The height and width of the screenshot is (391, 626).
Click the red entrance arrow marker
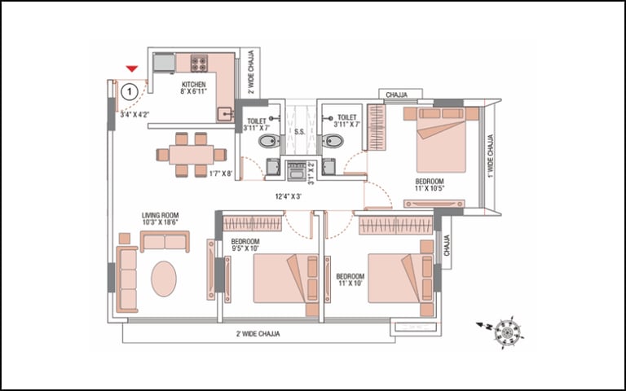coord(132,68)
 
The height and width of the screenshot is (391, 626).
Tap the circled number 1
coord(130,92)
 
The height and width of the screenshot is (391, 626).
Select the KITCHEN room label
coord(194,85)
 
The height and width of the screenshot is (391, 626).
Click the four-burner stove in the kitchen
coord(199,64)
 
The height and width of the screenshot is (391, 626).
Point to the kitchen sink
coord(226,115)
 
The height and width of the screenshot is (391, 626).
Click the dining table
coord(192,155)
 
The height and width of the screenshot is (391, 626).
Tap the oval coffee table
coord(164,279)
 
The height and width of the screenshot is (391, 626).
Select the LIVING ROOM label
coord(160,215)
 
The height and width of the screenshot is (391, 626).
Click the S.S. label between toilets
coord(300,132)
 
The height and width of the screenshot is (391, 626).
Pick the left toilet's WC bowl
coord(270,141)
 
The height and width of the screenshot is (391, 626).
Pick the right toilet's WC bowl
coord(333,141)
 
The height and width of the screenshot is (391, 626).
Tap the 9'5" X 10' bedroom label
coord(245,248)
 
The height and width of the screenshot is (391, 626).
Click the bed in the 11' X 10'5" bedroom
coord(441,139)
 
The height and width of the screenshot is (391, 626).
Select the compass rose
coord(508,332)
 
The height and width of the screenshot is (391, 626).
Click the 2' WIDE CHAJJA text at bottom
coord(258,334)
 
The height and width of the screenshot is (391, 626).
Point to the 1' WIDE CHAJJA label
coord(491,156)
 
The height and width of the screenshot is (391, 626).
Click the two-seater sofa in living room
coord(165,241)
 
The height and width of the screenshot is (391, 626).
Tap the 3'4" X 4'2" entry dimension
coord(135,115)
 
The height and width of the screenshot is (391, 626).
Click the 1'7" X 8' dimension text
coord(221,174)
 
